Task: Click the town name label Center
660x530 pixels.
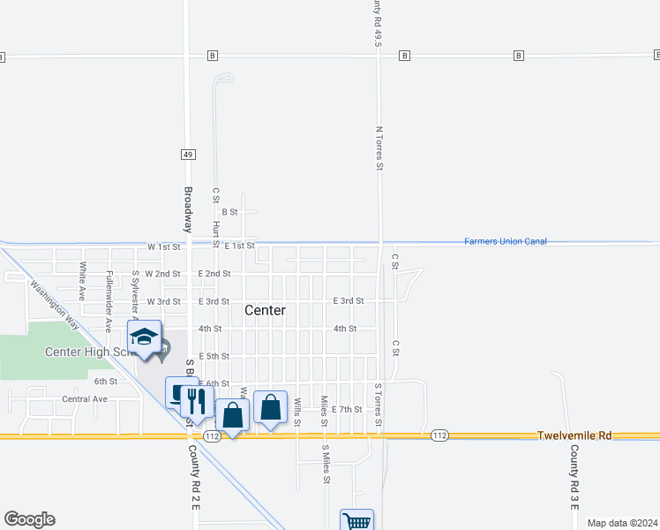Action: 265,310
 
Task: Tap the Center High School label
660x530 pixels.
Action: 88,352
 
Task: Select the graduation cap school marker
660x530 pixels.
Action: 145,337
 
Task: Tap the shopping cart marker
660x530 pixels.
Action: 357,521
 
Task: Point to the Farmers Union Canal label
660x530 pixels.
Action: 506,241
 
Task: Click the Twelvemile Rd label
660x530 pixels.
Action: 574,435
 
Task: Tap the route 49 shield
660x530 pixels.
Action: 188,155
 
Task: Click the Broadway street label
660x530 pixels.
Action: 188,209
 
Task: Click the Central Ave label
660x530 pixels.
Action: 85,399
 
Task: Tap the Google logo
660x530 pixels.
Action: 29,519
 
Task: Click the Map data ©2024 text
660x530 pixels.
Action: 622,523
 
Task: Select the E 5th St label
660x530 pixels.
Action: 214,356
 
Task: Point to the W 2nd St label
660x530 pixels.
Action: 163,274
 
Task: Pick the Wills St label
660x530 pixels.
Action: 298,413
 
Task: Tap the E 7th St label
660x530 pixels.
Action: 347,409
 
